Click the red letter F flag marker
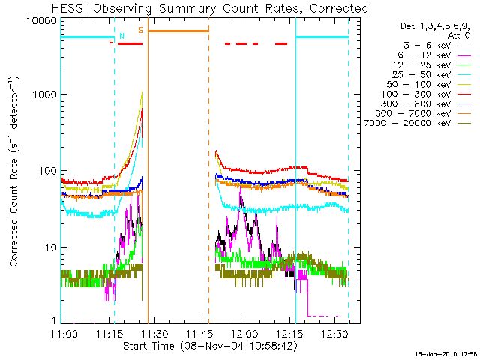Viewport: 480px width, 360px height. [111, 43]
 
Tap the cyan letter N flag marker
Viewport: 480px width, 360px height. [121, 36]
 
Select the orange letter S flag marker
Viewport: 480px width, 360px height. [140, 30]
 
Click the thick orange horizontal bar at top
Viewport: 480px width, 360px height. [178, 31]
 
